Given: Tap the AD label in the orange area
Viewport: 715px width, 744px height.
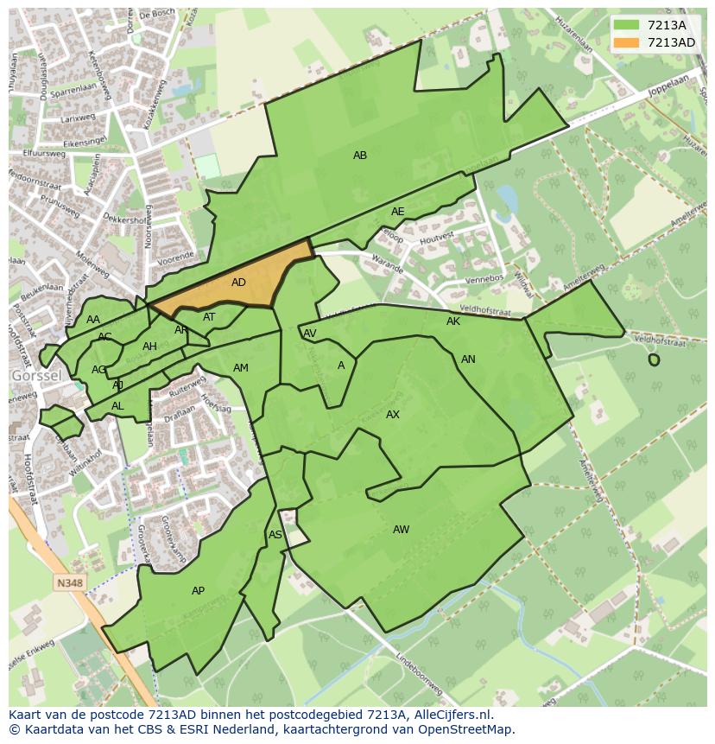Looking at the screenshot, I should [x=239, y=283].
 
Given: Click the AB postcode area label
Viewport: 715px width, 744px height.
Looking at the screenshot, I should [x=360, y=156].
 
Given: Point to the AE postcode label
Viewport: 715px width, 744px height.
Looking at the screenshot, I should [x=397, y=212].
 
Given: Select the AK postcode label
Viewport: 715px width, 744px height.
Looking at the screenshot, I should [x=453, y=321].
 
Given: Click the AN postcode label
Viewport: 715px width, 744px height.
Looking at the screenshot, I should [x=468, y=359].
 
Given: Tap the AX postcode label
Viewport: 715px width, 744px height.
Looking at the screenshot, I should [x=393, y=415].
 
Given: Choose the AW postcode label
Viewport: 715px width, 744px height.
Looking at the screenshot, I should [x=402, y=530].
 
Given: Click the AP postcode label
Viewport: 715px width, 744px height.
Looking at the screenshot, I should [x=199, y=591].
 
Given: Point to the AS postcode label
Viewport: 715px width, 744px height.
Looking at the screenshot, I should [x=275, y=535].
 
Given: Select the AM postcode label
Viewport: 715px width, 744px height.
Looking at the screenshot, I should [x=241, y=368].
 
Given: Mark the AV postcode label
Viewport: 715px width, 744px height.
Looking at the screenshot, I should [x=310, y=334].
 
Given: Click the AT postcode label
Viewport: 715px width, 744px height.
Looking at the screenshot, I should [x=209, y=317].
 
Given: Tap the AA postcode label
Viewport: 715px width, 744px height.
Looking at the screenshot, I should [x=93, y=320].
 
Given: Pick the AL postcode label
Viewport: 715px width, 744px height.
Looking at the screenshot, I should [x=117, y=406].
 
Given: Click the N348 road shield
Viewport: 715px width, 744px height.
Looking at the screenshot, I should [x=70, y=583].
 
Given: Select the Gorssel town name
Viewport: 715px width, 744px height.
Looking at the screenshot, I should [x=35, y=377].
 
